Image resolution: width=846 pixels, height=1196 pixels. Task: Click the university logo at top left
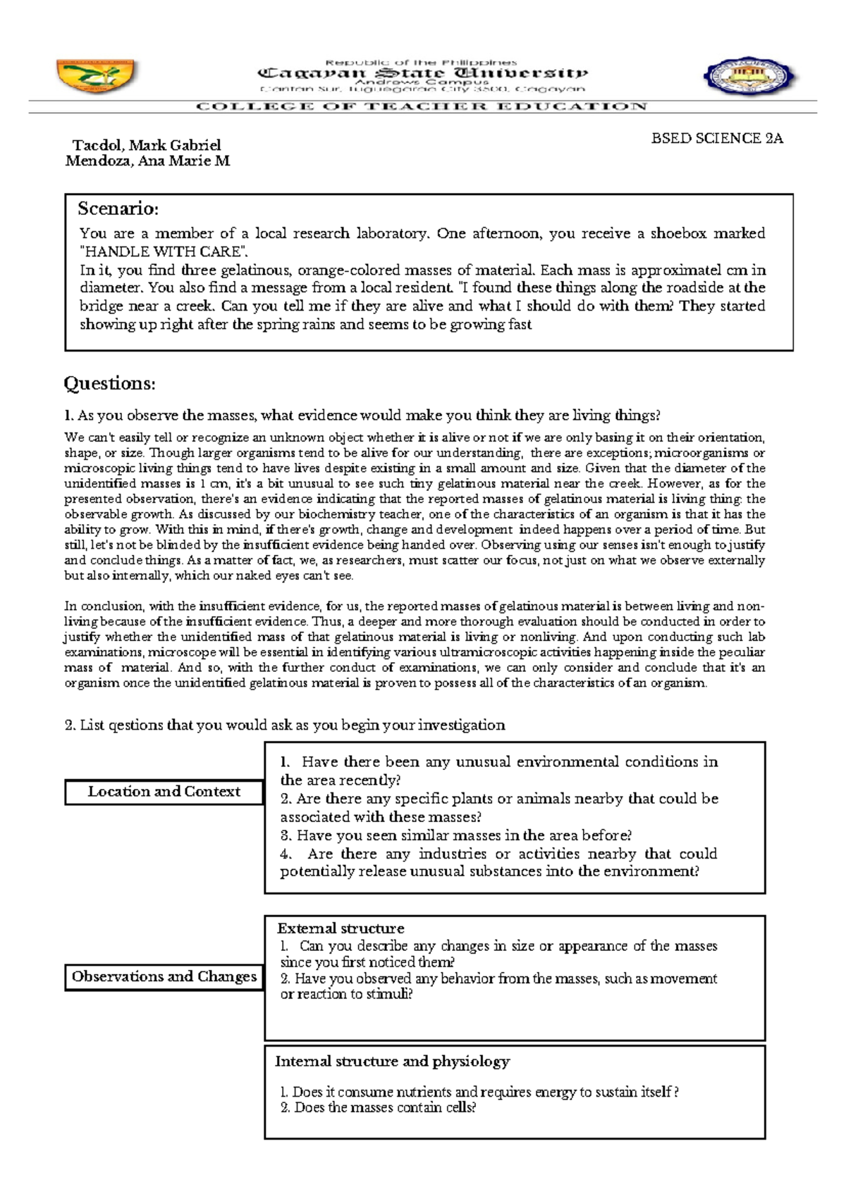pos(97,75)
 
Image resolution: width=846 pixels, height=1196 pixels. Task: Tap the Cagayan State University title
pos(422,73)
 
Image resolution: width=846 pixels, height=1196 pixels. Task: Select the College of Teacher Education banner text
pos(422,106)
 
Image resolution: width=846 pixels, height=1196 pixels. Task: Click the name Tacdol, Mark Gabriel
pos(147,145)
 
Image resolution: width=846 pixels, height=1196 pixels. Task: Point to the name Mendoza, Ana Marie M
pos(147,161)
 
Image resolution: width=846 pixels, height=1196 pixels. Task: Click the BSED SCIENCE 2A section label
pos(717,138)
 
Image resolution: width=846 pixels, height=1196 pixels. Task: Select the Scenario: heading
pos(118,208)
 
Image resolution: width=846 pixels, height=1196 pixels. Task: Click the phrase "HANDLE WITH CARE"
pos(164,251)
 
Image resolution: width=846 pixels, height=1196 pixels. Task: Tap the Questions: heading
pos(109,383)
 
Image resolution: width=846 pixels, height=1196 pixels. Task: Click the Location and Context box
pos(164,792)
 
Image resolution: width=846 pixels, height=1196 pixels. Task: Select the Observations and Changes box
pos(164,976)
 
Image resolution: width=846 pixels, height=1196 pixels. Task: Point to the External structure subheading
pos(341,928)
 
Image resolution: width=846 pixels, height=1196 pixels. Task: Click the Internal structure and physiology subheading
pos(392,1061)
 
